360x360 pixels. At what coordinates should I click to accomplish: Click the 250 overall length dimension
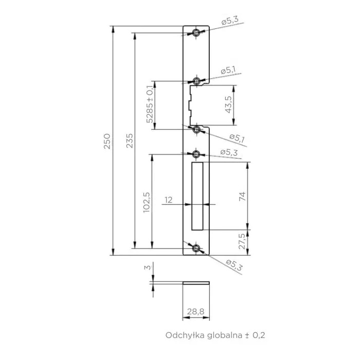(x=107, y=141)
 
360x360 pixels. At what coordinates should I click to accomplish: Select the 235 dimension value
(x=130, y=141)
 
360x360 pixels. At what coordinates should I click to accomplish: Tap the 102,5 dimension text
(x=147, y=202)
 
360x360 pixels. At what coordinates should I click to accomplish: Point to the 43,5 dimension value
(x=228, y=105)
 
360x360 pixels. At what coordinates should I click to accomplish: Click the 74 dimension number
(x=242, y=197)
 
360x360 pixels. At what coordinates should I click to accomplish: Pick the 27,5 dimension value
(x=242, y=241)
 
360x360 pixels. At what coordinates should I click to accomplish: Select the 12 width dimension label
(x=168, y=200)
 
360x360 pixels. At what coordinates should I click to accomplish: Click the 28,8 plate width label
(x=195, y=312)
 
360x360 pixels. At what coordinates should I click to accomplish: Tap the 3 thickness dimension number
(x=148, y=267)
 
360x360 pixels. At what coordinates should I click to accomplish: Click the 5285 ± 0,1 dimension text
(x=150, y=104)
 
